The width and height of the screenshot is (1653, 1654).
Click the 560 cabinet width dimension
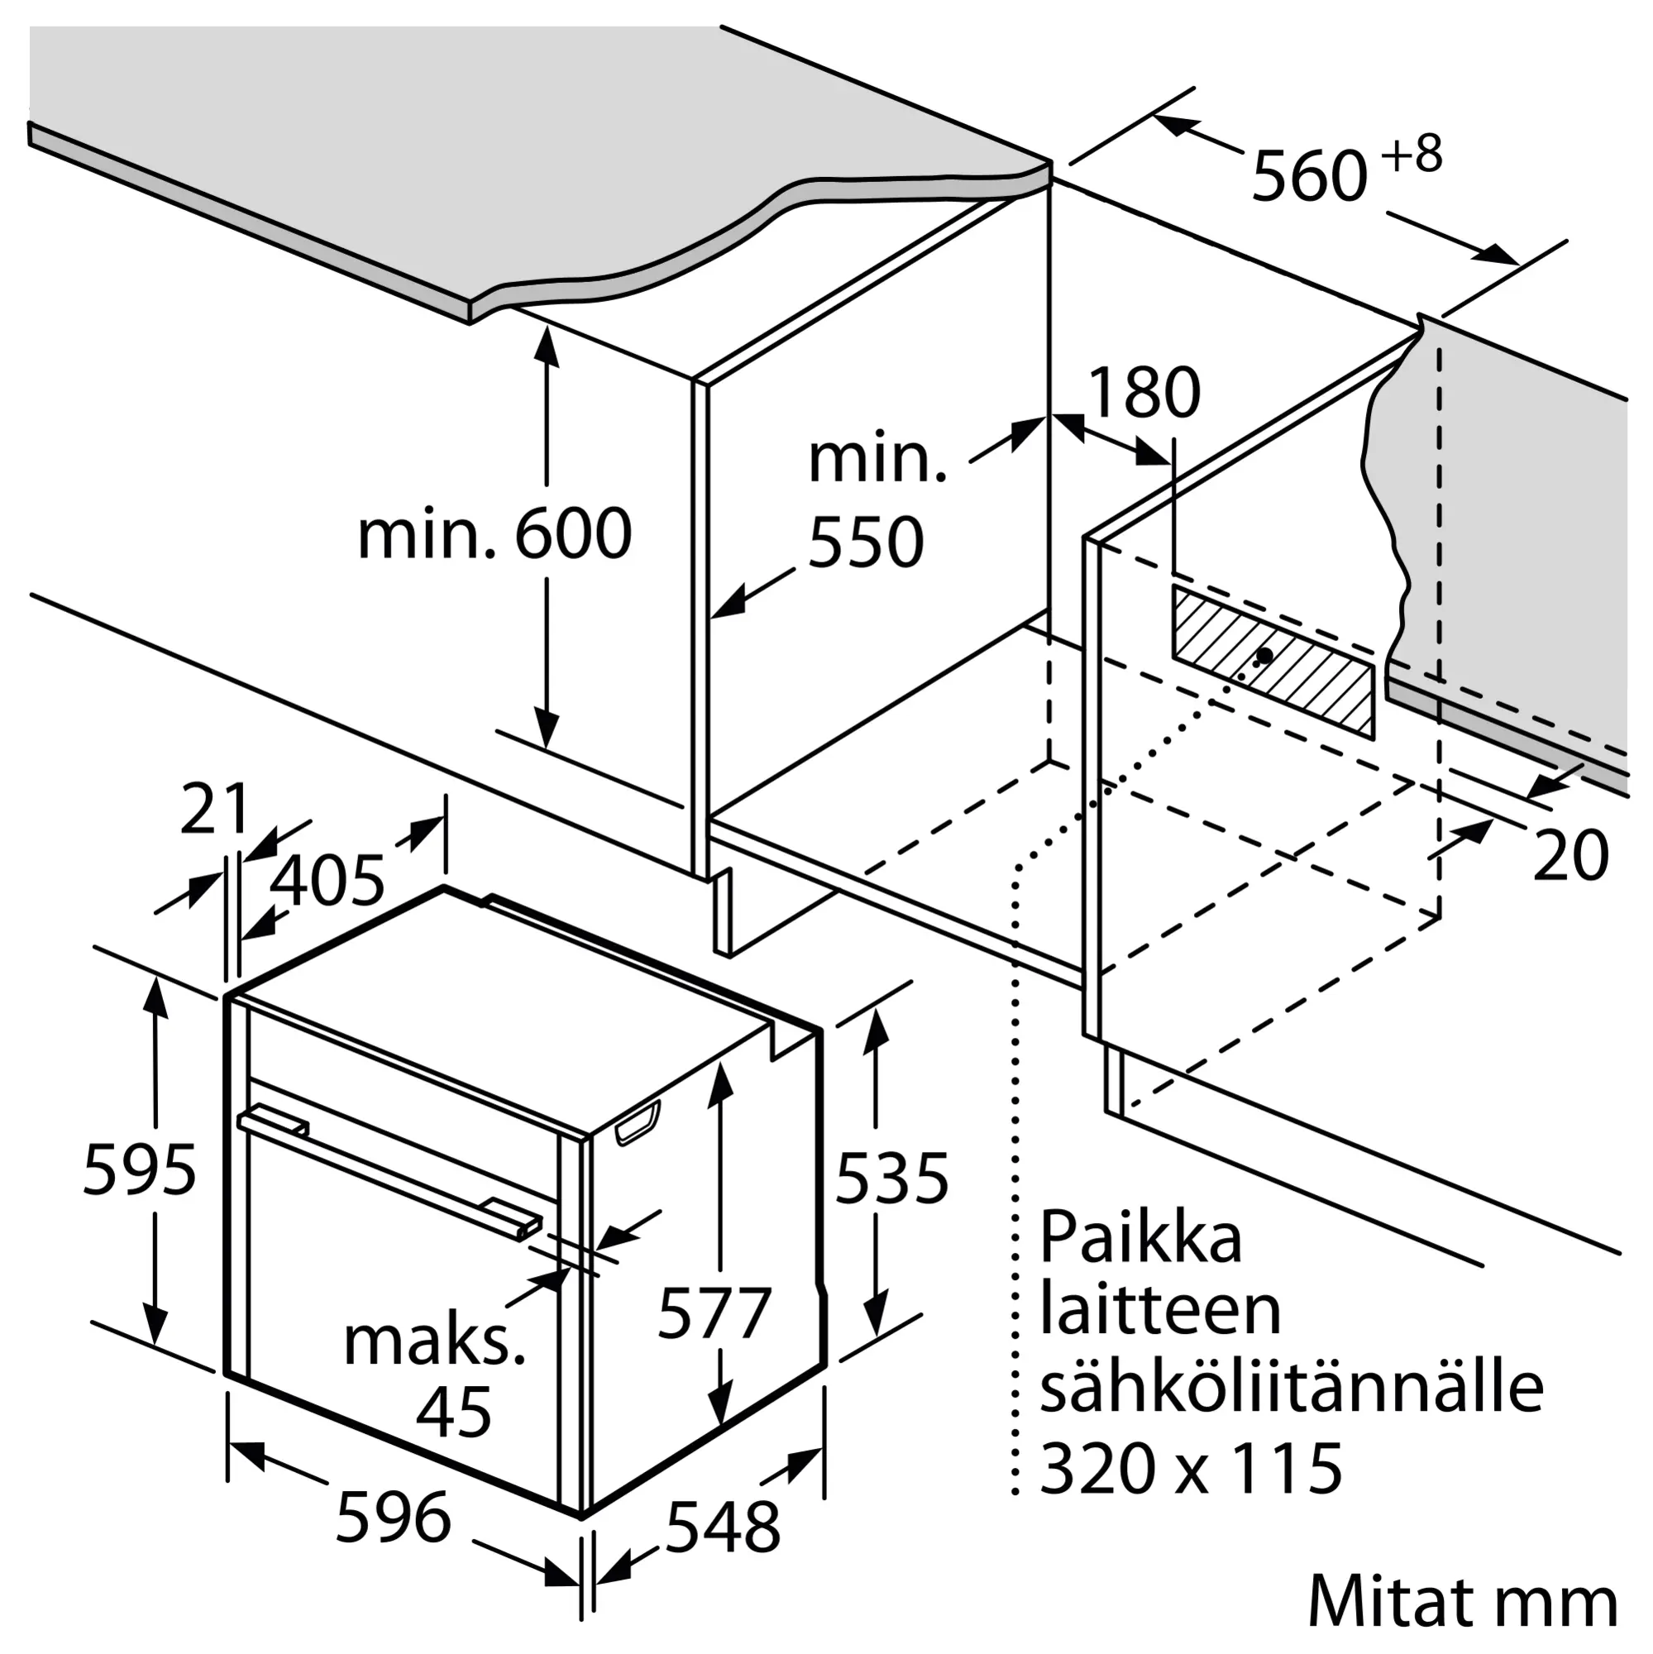(1309, 176)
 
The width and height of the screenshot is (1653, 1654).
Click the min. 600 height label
(494, 534)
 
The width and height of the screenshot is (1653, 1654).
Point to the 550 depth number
(866, 542)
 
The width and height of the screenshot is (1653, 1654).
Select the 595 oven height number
(140, 1169)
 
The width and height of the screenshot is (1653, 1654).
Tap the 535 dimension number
(891, 1178)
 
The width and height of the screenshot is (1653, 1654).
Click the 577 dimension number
(714, 1312)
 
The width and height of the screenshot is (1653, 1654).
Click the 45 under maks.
(454, 1412)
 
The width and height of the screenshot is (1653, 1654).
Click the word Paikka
(1140, 1237)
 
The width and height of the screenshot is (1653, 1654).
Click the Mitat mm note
(1462, 1598)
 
